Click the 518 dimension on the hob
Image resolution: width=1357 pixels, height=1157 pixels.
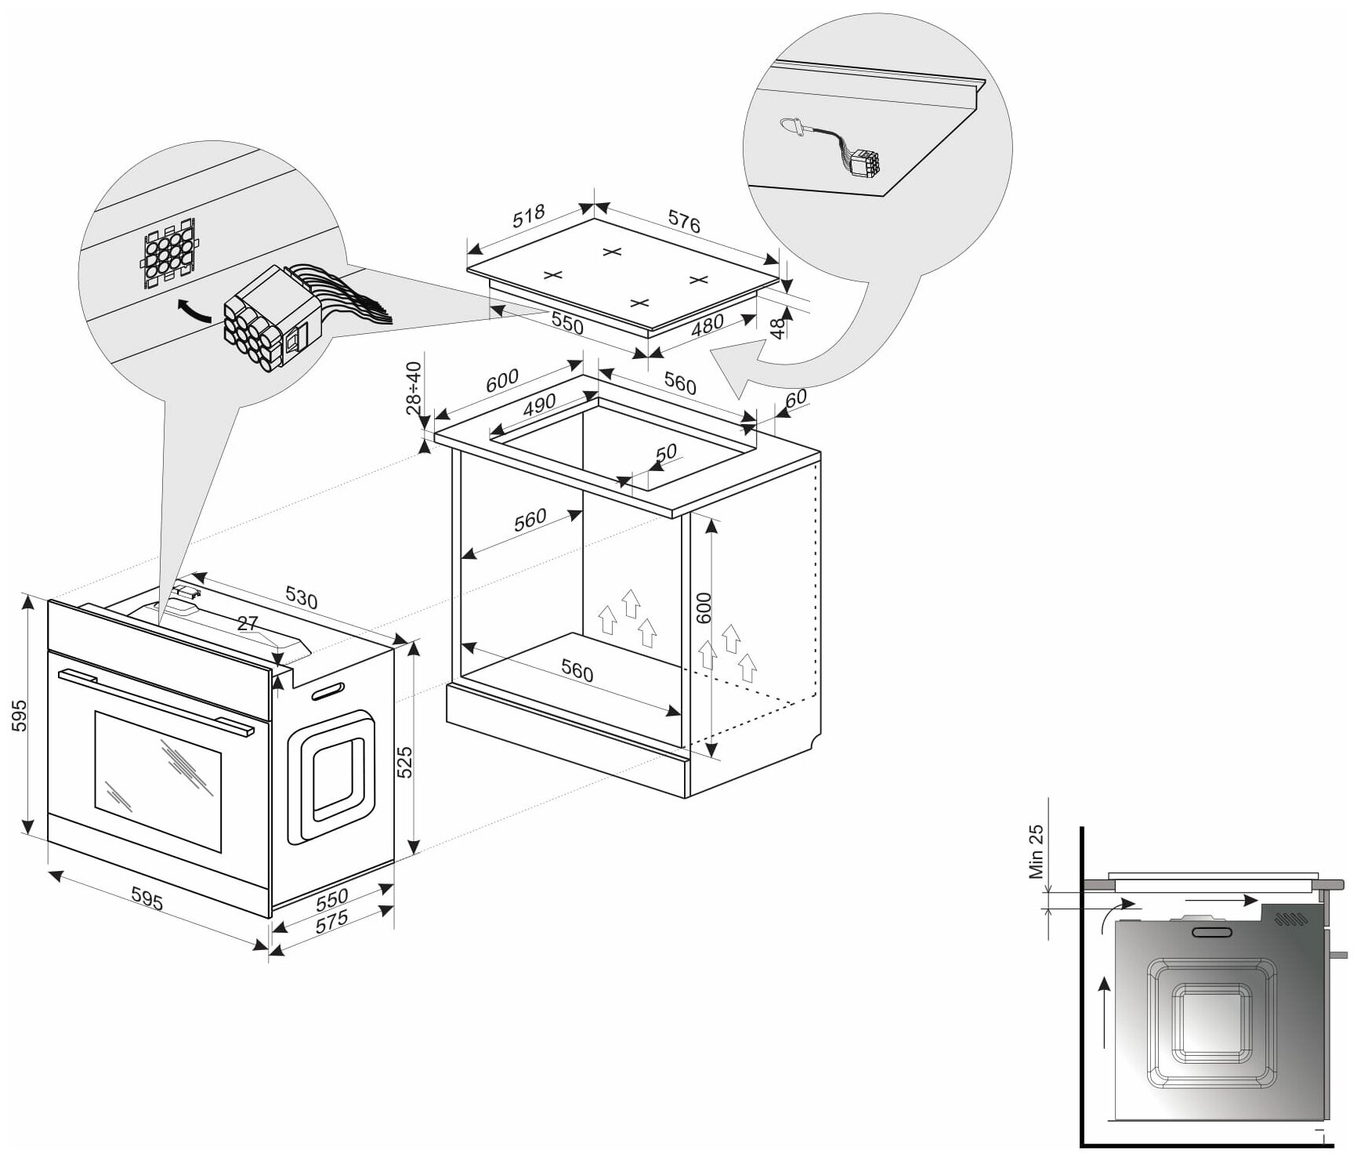click(529, 217)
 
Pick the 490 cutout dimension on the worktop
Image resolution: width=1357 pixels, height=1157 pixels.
click(539, 406)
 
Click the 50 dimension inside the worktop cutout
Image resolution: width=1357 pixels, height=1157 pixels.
click(664, 454)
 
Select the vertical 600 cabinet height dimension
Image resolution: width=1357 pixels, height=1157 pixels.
click(704, 608)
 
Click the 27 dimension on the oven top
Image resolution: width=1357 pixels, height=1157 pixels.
click(247, 624)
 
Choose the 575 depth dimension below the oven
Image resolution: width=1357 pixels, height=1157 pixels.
click(332, 921)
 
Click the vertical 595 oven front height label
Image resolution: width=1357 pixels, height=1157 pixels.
click(19, 715)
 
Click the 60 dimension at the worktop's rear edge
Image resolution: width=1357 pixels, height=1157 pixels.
click(795, 399)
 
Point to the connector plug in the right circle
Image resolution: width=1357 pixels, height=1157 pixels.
click(864, 163)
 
